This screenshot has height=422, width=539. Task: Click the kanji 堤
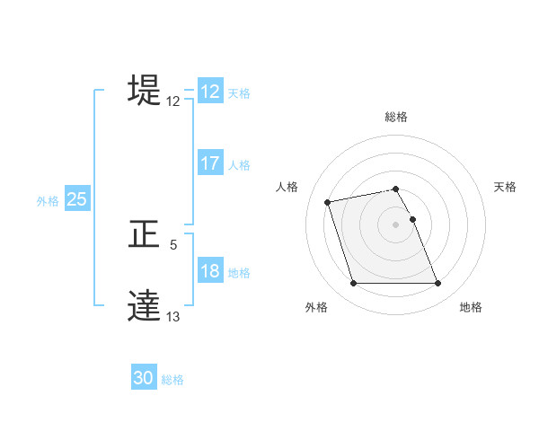pyautogui.click(x=145, y=90)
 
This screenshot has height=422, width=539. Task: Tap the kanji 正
pyautogui.click(x=145, y=234)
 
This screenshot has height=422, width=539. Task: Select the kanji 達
pyautogui.click(x=145, y=305)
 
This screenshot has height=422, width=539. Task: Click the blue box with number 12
pyautogui.click(x=210, y=92)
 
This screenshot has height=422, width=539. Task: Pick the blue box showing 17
pyautogui.click(x=210, y=163)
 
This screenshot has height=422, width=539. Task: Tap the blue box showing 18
pyautogui.click(x=210, y=272)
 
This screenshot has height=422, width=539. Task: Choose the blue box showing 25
pyautogui.click(x=77, y=199)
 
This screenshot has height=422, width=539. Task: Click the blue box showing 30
pyautogui.click(x=144, y=378)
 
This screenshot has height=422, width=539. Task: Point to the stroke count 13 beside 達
pyautogui.click(x=173, y=317)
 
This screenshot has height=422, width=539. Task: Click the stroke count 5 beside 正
pyautogui.click(x=173, y=245)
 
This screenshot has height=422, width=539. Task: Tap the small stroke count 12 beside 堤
pyautogui.click(x=173, y=101)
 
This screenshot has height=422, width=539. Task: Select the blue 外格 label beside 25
pyautogui.click(x=48, y=201)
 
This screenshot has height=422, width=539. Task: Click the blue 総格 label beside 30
pyautogui.click(x=172, y=380)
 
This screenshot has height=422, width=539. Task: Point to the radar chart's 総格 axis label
pyautogui.click(x=396, y=117)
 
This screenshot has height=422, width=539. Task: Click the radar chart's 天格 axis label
pyautogui.click(x=505, y=187)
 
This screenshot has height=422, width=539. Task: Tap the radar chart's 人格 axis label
pyautogui.click(x=287, y=187)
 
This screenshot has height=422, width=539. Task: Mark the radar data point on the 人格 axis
pyautogui.click(x=328, y=201)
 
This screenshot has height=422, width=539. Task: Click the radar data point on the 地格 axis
pyautogui.click(x=437, y=284)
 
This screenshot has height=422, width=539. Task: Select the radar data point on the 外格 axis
pyautogui.click(x=353, y=284)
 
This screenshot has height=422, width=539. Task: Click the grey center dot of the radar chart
pyautogui.click(x=396, y=224)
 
